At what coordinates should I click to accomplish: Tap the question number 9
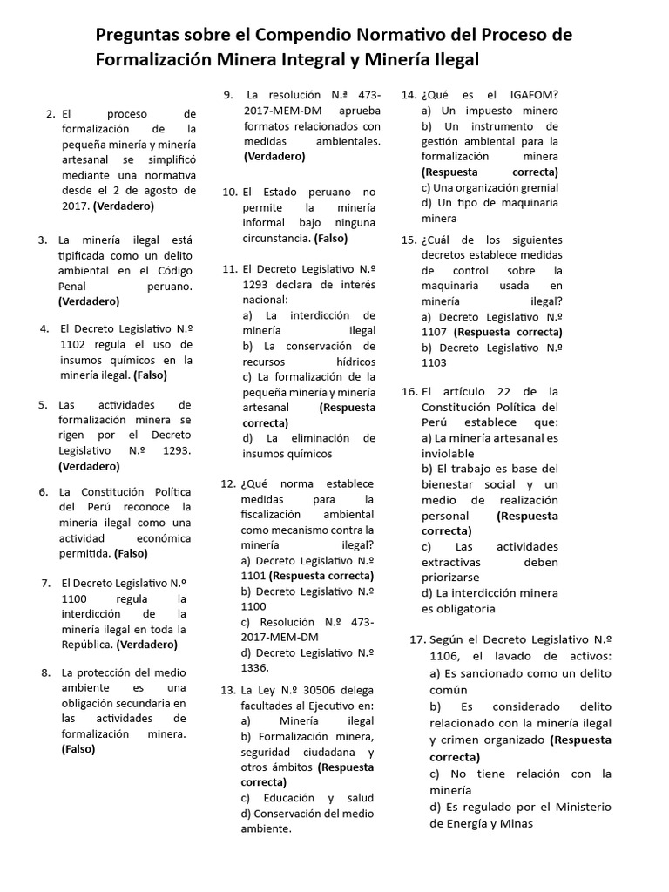tap(227, 95)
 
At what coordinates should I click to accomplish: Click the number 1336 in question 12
tap(255, 667)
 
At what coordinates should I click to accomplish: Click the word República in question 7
tap(86, 645)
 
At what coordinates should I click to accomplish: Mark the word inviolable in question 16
tap(448, 453)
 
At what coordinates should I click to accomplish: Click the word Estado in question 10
tap(280, 191)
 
